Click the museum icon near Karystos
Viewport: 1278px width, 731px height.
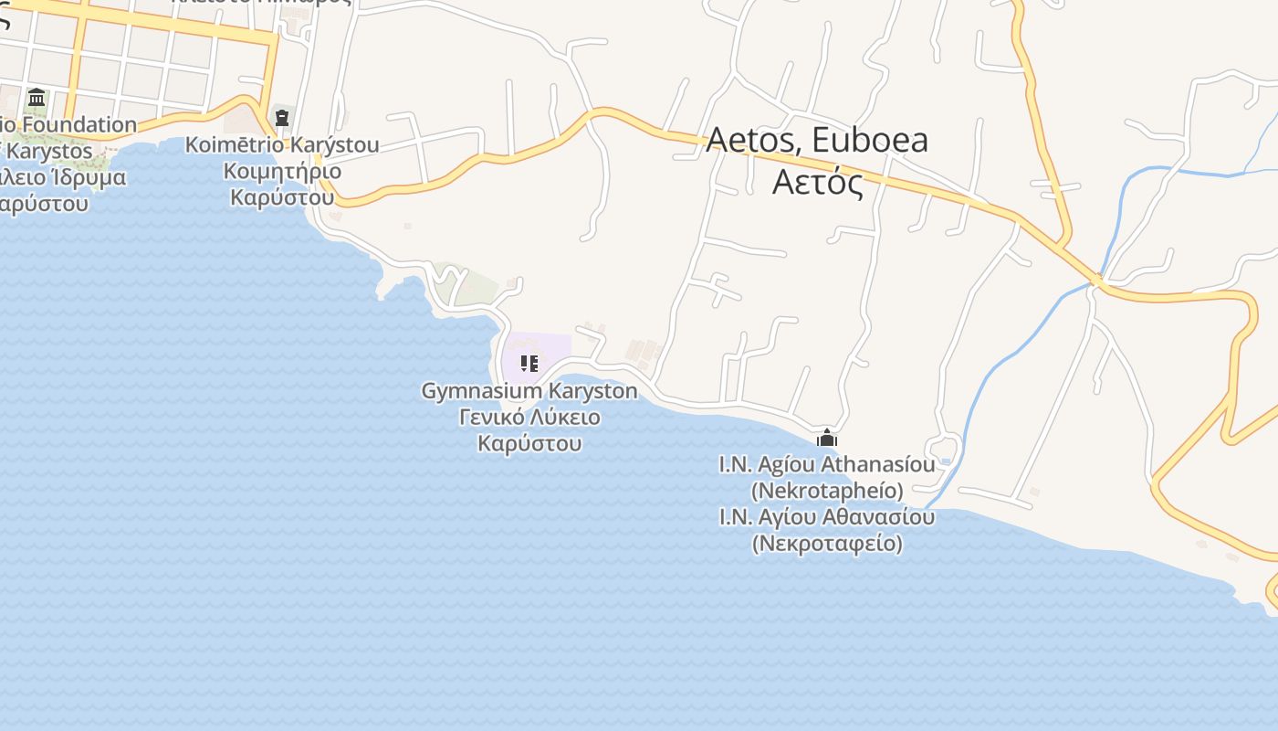pyautogui.click(x=37, y=97)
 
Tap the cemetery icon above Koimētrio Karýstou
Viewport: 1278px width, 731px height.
pyautogui.click(x=282, y=117)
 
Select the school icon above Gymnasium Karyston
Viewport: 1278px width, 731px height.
pyautogui.click(x=529, y=364)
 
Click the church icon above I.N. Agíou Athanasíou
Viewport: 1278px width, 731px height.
pyautogui.click(x=827, y=438)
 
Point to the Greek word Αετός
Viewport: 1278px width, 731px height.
pyautogui.click(x=817, y=181)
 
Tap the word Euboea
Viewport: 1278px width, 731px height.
pyautogui.click(x=869, y=140)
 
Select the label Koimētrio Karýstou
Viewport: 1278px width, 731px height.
pyautogui.click(x=282, y=145)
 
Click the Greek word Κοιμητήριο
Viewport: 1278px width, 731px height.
pyautogui.click(x=282, y=171)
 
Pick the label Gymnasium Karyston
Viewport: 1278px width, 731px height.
pyautogui.click(x=529, y=391)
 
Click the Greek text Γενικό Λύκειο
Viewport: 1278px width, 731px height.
pyautogui.click(x=529, y=418)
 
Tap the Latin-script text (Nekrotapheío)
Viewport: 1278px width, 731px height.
pyautogui.click(x=827, y=491)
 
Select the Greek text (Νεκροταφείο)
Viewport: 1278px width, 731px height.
pyautogui.click(x=827, y=544)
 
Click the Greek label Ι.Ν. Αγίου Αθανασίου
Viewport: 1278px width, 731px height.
pyautogui.click(x=827, y=517)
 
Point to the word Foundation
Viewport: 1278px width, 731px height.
pyautogui.click(x=80, y=124)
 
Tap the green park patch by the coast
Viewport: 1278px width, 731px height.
pyautogui.click(x=466, y=284)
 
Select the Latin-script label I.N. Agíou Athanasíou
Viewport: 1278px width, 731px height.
pyautogui.click(x=827, y=464)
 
